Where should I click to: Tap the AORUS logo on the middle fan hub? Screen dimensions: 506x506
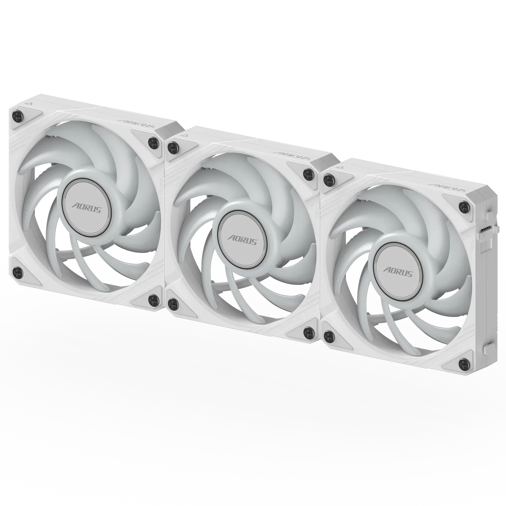pos(242,240)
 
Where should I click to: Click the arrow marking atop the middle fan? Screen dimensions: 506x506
pos(185,135)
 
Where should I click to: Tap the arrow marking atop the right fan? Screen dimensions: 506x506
pos(340,167)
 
